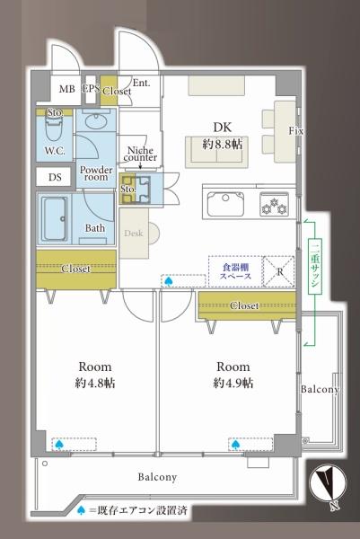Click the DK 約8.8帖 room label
(x=223, y=136)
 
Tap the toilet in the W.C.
(x=54, y=127)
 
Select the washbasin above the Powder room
(x=96, y=120)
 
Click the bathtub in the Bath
(x=55, y=218)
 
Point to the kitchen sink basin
(x=225, y=204)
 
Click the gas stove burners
(x=274, y=204)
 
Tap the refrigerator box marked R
(x=279, y=271)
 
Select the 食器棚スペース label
(x=236, y=271)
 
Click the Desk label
(x=134, y=234)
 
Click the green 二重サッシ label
(x=314, y=265)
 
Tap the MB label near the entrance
(x=67, y=89)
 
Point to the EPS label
(x=91, y=88)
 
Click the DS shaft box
(x=55, y=177)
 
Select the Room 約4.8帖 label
(x=95, y=375)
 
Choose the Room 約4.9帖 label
(x=233, y=375)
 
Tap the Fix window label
(x=295, y=131)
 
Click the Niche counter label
(x=140, y=154)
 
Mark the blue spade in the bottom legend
(x=81, y=510)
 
